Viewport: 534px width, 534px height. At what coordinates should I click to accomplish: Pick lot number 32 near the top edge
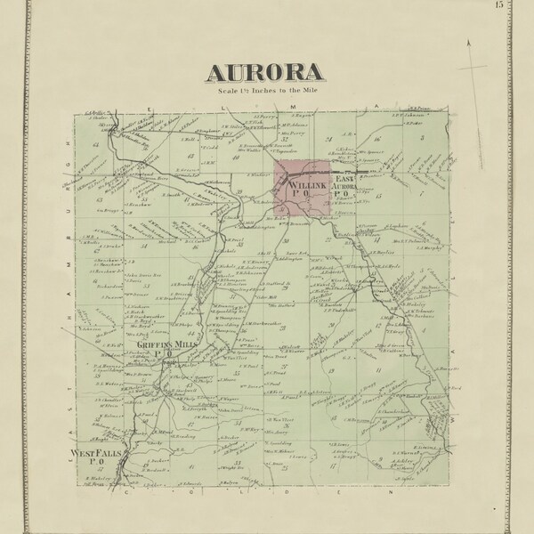click(x=286, y=139)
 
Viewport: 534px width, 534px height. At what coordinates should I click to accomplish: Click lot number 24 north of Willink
click(x=328, y=140)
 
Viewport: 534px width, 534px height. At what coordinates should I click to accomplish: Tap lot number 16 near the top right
click(x=377, y=140)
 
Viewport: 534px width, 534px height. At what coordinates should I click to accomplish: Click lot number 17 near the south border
click(x=332, y=465)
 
